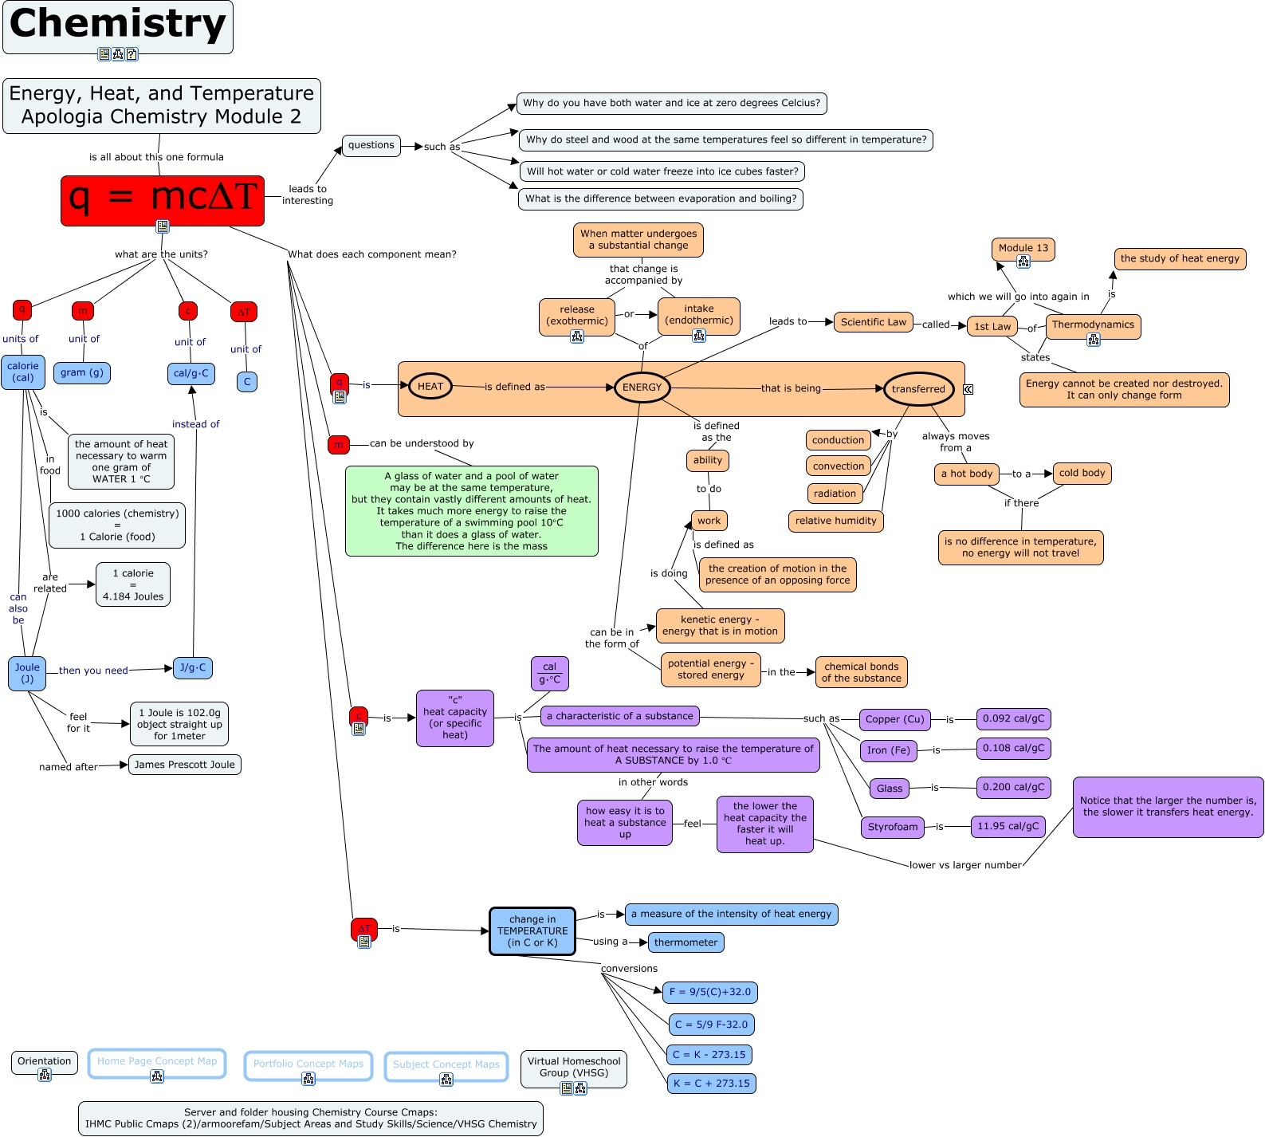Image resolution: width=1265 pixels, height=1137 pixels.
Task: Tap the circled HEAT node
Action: [430, 387]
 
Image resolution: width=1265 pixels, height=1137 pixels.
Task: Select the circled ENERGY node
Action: [642, 388]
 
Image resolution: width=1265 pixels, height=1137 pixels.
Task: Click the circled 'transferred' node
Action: [918, 389]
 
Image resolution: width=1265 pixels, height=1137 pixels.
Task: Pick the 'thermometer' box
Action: [686, 942]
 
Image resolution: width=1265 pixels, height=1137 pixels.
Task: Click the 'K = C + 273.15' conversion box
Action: [711, 1084]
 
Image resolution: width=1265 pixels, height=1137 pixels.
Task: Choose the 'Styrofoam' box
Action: [892, 828]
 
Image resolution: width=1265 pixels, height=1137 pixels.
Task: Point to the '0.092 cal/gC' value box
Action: [1013, 719]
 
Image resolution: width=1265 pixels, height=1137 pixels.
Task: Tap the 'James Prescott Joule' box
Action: [185, 765]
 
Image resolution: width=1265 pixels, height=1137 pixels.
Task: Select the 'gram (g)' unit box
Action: [82, 372]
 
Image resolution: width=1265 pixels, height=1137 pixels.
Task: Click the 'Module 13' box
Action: [1023, 248]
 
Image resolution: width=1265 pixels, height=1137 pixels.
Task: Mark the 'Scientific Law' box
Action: [873, 322]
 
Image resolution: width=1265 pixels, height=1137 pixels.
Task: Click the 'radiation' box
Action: [835, 494]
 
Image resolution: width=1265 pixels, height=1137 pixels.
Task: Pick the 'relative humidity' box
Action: [835, 521]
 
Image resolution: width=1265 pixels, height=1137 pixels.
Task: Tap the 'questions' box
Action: [371, 145]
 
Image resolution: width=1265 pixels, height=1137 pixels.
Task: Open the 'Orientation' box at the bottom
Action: [45, 1061]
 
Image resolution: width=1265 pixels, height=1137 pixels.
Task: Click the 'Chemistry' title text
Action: [118, 24]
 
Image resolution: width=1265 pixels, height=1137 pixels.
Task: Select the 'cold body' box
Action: [1082, 473]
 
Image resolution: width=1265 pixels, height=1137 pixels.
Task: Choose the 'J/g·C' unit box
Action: [193, 668]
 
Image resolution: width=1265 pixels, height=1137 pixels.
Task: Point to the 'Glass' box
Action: [890, 789]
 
